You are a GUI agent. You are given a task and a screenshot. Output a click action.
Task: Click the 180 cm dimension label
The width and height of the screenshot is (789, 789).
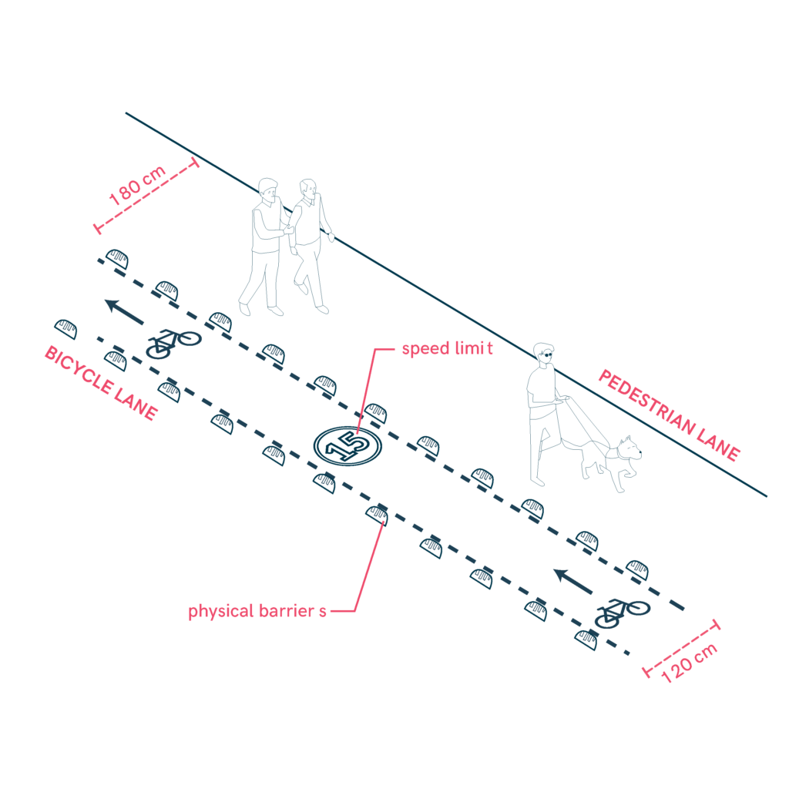pyautogui.click(x=137, y=185)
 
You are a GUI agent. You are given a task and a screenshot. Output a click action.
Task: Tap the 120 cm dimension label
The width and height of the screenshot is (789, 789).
pyautogui.click(x=689, y=663)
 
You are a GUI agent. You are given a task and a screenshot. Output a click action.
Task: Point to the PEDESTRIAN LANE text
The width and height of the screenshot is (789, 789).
pyautogui.click(x=670, y=415)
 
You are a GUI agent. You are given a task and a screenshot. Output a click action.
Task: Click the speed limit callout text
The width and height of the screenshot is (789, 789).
pyautogui.click(x=447, y=349)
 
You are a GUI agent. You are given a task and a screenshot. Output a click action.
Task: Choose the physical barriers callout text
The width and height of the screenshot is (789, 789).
pyautogui.click(x=257, y=611)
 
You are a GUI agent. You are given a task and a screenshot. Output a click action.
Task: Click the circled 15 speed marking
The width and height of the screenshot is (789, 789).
pyautogui.click(x=347, y=446)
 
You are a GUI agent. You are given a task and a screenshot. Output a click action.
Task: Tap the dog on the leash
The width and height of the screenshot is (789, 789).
pyautogui.click(x=612, y=463)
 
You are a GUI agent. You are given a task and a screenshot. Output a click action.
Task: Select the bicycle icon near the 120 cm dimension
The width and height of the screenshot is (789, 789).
pyautogui.click(x=622, y=613)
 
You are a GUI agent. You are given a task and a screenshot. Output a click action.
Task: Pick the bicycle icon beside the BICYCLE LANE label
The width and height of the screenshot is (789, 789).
pyautogui.click(x=173, y=344)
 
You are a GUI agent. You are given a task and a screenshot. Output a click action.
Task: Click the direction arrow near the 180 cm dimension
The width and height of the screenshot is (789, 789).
pyautogui.click(x=124, y=311)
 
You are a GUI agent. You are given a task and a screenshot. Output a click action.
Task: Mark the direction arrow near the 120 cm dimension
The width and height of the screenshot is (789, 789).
pyautogui.click(x=572, y=581)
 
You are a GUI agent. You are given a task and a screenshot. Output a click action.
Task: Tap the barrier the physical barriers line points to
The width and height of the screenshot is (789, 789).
pyautogui.click(x=378, y=515)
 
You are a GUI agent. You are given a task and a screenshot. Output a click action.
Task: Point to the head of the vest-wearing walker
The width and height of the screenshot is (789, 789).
pyautogui.click(x=268, y=191)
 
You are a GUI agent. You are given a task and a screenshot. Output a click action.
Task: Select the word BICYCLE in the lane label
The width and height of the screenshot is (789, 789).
pyautogui.click(x=79, y=370)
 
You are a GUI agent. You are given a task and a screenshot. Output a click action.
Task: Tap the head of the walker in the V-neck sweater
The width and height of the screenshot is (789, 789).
pyautogui.click(x=308, y=190)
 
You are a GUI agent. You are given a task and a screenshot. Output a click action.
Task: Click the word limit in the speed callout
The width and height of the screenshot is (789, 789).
pyautogui.click(x=474, y=348)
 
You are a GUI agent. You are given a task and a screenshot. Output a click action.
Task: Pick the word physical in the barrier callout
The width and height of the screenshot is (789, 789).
pyautogui.click(x=220, y=611)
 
